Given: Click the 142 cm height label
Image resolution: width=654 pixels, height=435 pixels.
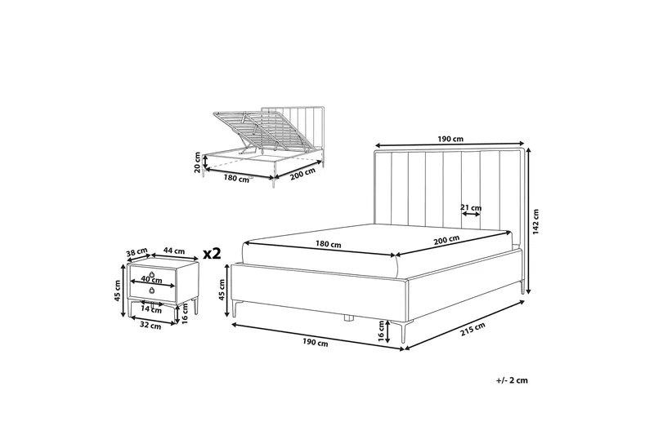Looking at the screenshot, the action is coord(536,221).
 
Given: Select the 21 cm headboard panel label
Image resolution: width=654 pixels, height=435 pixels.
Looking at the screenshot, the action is coord(471,207).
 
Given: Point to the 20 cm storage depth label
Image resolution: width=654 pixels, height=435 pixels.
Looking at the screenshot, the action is coord(197,162).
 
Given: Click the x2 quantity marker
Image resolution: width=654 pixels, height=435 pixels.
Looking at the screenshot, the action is coord(211,253).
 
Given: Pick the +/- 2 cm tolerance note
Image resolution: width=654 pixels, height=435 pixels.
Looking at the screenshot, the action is coord(512,380).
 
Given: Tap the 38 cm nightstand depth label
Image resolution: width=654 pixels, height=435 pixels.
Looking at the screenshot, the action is coord(137,252).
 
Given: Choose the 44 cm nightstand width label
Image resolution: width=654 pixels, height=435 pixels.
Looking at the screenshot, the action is coord(174,251).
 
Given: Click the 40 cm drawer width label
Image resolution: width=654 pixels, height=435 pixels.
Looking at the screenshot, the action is coord(151,280).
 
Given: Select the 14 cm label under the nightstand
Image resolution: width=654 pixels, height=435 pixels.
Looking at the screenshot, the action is coord(151,308).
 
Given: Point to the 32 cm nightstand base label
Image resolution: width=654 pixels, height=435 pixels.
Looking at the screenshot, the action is coord(150,326).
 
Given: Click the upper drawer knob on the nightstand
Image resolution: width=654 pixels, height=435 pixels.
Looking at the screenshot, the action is coord(153,274).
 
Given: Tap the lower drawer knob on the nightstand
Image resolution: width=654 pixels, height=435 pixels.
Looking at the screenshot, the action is coord(152,291).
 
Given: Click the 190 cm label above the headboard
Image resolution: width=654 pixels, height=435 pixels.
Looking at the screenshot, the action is coord(450,140).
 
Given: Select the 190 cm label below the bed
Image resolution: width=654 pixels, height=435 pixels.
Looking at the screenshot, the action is coord(316,343).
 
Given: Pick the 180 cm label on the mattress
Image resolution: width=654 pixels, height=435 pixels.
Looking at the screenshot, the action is coord(328,244).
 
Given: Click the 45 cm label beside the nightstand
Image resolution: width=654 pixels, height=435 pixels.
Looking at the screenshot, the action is coord(118,291).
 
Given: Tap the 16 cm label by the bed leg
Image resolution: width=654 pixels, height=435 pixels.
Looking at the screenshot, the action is coord(380,332).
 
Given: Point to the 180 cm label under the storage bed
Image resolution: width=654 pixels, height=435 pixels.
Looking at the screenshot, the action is coord(236,178).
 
